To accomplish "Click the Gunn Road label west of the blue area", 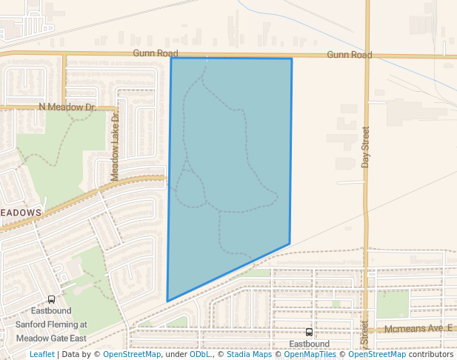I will pyautogui.click(x=156, y=54).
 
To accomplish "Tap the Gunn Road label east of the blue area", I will pyautogui.click(x=349, y=55).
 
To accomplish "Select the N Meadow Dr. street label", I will pyautogui.click(x=67, y=107).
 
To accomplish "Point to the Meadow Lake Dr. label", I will pyautogui.click(x=115, y=145).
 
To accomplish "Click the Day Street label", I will pyautogui.click(x=365, y=147).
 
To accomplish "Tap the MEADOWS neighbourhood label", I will pyautogui.click(x=21, y=213).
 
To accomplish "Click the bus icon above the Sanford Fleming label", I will pyautogui.click(x=51, y=299).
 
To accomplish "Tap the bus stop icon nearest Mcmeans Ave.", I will pyautogui.click(x=309, y=333).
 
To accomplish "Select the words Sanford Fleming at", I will pyautogui.click(x=51, y=324).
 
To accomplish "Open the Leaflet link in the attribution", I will pyautogui.click(x=41, y=354).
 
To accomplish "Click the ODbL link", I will pyautogui.click(x=200, y=354).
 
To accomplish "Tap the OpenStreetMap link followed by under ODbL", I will pyautogui.click(x=132, y=354).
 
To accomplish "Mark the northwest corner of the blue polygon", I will pyautogui.click(x=171, y=58).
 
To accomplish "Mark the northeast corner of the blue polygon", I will pyautogui.click(x=292, y=59).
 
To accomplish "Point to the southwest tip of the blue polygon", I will pyautogui.click(x=167, y=301).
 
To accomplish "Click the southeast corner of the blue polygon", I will pyautogui.click(x=290, y=243).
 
